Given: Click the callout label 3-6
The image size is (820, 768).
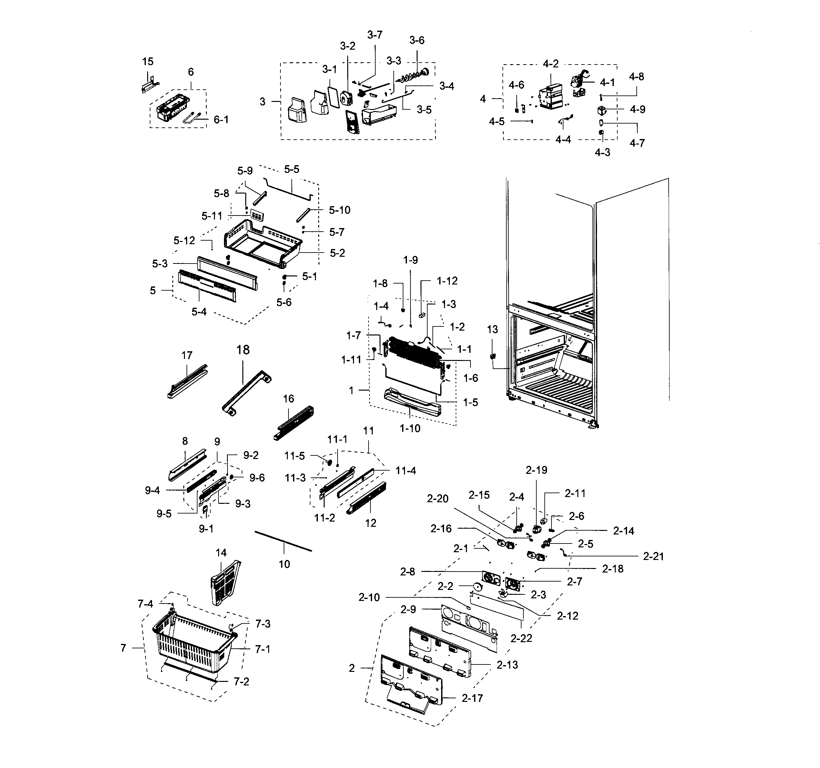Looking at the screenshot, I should tap(417, 40).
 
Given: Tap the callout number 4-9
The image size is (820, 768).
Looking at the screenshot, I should tap(637, 110).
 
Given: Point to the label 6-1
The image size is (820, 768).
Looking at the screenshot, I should tap(221, 120).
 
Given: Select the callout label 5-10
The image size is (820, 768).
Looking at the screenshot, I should tap(339, 210).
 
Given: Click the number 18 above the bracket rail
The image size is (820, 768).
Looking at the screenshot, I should tap(243, 350).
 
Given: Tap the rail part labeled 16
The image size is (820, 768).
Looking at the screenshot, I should tap(293, 423).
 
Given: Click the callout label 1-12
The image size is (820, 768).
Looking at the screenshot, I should tap(447, 281).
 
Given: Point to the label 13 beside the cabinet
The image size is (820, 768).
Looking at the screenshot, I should tap(492, 329).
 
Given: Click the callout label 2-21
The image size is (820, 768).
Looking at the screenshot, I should tap(653, 556).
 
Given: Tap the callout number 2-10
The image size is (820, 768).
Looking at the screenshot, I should tap(369, 597).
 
